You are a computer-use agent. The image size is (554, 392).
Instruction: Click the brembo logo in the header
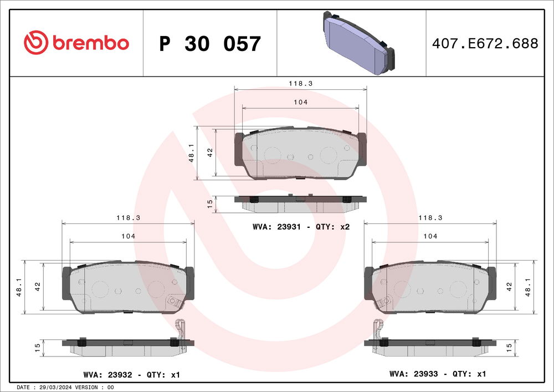76,43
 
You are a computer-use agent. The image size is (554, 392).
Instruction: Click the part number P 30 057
209,44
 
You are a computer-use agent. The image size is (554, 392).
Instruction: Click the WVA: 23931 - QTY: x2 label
301,227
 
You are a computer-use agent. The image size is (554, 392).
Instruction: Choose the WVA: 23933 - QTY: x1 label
438,374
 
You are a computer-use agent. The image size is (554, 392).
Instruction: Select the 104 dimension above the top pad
301,102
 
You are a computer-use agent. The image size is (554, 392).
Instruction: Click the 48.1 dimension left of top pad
191,153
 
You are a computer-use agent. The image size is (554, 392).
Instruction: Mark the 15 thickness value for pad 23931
210,204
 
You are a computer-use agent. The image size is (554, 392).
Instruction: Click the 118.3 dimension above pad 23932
129,218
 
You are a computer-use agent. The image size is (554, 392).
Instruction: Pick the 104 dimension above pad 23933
430,236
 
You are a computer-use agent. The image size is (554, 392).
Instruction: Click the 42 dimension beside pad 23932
38,287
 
